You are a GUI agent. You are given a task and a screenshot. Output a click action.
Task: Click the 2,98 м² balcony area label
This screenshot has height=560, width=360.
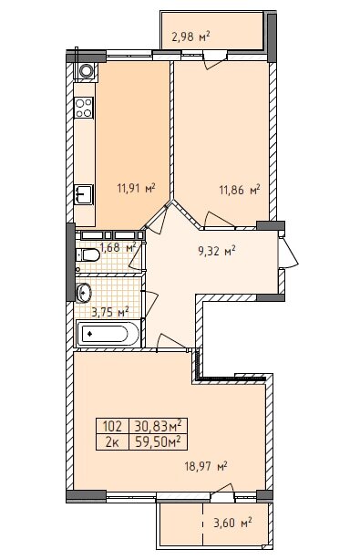pyautogui.click(x=190, y=36)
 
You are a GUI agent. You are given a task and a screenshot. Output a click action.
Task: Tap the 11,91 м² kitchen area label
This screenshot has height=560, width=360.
pyautogui.click(x=137, y=188)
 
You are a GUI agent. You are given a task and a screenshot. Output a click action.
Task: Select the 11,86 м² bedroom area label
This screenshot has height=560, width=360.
pyautogui.click(x=240, y=190)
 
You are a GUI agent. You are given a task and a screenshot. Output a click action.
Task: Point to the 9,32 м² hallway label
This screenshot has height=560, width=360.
pyautogui.click(x=217, y=251)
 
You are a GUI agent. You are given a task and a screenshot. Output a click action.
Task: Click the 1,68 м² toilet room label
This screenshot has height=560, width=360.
pyautogui.click(x=118, y=247)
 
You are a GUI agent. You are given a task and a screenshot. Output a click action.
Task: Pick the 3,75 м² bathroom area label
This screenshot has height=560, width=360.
pyautogui.click(x=110, y=313)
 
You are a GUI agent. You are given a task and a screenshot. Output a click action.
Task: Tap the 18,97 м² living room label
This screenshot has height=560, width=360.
pyautogui.click(x=206, y=466)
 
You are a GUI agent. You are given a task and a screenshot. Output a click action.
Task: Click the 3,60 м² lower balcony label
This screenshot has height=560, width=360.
pyautogui.click(x=232, y=523)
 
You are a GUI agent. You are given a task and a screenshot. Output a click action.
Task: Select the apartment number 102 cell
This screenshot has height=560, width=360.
pyautogui.click(x=112, y=426)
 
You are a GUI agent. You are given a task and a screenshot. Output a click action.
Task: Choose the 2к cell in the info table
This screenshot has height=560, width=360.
pyautogui.click(x=112, y=442)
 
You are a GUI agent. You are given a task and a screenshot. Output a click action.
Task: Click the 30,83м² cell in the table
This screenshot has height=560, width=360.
pyautogui.click(x=158, y=426)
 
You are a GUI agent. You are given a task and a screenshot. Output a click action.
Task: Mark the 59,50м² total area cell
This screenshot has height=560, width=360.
pyautogui.click(x=158, y=442)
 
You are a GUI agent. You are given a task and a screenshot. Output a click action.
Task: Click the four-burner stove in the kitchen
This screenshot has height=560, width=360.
pyautogui.click(x=84, y=108)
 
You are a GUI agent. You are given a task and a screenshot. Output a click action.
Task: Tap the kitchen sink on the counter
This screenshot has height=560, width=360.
pyautogui.click(x=84, y=194)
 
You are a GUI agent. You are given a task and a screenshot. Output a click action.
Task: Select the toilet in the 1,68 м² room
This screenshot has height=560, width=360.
pyautogui.click(x=88, y=255)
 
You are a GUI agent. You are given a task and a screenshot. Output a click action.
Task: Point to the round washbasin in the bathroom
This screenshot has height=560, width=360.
pyautogui.click(x=84, y=293)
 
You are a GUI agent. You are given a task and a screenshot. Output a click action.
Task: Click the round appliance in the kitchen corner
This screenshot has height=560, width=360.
pyautogui.click(x=86, y=70)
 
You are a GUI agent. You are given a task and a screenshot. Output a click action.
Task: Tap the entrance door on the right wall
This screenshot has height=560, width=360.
pyautogui.click(x=288, y=252)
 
